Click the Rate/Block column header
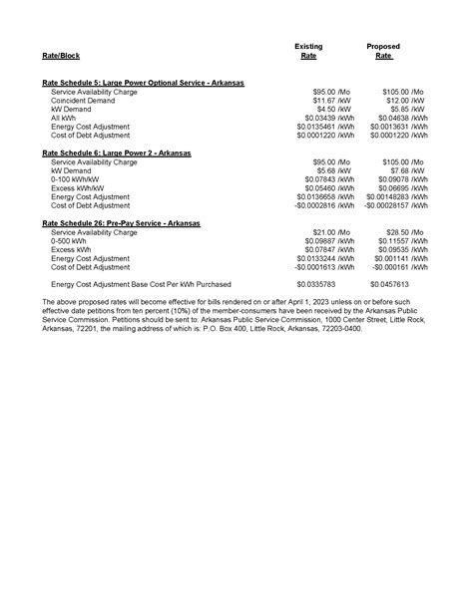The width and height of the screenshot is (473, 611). coord(60,57)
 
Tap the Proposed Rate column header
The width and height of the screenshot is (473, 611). coord(383,52)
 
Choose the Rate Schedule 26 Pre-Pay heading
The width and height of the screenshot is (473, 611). coord(121,223)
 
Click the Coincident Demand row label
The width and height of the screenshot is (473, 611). coord(84,100)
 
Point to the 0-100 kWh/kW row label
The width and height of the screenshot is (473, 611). coord(76,179)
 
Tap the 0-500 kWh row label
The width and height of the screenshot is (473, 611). coord(69,241)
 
